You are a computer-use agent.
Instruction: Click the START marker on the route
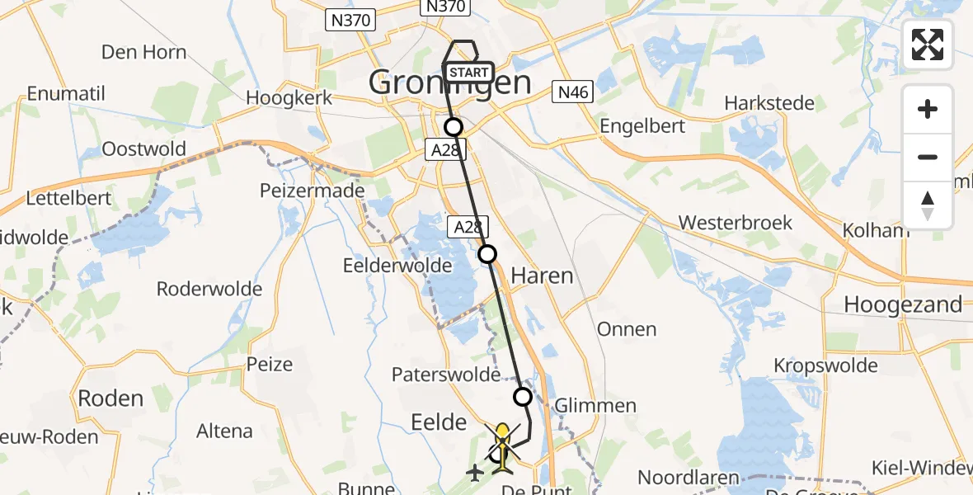tap(470, 73)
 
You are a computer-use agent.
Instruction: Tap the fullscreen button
tap(928, 45)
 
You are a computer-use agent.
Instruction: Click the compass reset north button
tap(928, 205)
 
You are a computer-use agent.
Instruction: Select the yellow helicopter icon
tap(503, 448)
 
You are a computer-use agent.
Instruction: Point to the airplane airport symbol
tap(476, 473)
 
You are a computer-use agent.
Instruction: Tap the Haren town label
tap(542, 276)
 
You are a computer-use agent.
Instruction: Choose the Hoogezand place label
tap(903, 304)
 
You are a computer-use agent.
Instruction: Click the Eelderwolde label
tap(397, 265)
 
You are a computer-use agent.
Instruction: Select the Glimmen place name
tap(595, 405)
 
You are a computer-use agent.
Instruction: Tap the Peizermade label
tap(312, 191)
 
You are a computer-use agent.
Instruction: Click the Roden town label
tap(110, 398)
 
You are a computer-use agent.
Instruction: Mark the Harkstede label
tap(769, 103)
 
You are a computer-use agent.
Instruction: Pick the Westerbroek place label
tap(735, 223)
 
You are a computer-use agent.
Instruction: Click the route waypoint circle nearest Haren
tap(487, 253)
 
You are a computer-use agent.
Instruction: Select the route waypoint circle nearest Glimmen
tap(523, 397)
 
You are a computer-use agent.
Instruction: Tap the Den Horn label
tap(143, 52)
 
